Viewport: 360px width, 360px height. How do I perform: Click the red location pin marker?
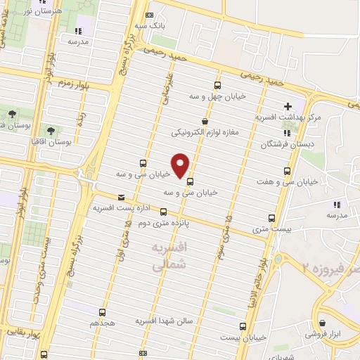(181, 165)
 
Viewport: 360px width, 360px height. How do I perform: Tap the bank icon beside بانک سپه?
(148, 15)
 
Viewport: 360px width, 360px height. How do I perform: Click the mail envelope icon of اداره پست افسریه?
(122, 198)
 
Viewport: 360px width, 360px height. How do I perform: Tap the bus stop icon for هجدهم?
(103, 312)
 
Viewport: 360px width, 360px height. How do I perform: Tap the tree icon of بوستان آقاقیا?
(50, 129)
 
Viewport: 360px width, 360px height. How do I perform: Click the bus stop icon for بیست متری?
(272, 218)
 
